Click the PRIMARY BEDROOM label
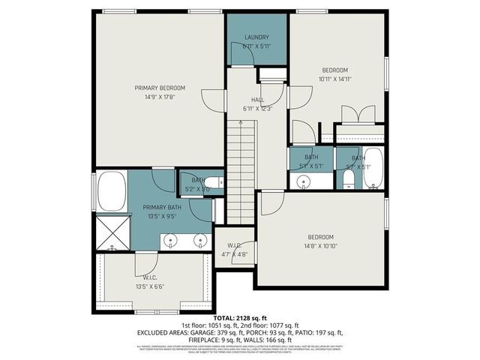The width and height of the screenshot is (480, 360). (160, 88)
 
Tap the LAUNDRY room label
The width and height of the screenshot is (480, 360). (256, 37)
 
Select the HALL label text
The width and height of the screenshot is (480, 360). (257, 99)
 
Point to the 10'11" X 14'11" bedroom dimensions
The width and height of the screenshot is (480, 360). (334, 78)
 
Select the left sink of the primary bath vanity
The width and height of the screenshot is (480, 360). (172, 241)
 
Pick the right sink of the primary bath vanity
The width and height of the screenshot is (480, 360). (200, 241)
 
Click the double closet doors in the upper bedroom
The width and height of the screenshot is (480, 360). (357, 114)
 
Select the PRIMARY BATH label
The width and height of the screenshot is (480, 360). (162, 208)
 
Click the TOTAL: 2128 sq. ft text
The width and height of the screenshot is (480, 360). (240, 318)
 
